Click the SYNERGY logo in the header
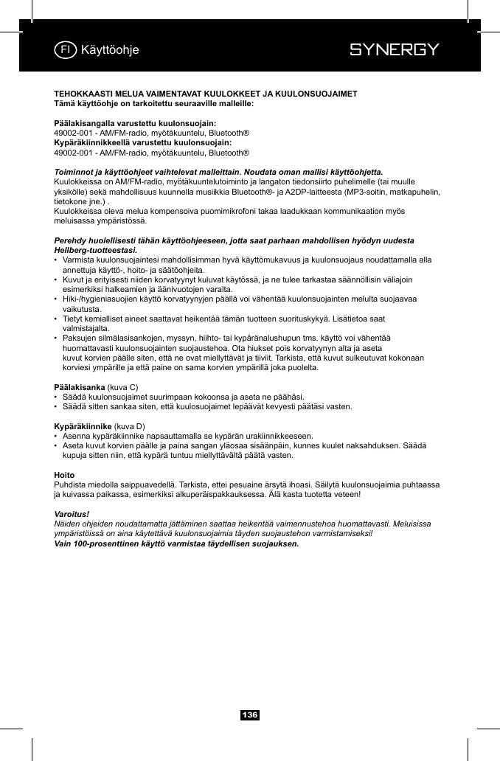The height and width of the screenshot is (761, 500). click(x=394, y=50)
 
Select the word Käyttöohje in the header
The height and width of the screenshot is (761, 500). click(x=110, y=50)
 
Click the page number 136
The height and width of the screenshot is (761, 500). click(x=250, y=715)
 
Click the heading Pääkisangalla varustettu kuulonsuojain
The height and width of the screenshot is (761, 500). click(x=135, y=122)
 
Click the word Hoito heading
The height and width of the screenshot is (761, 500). click(x=65, y=475)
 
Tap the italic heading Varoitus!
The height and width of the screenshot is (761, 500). click(x=72, y=512)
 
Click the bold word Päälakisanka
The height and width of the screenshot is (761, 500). click(x=80, y=387)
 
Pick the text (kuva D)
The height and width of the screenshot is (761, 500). click(x=130, y=426)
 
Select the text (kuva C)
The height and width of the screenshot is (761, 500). click(x=123, y=387)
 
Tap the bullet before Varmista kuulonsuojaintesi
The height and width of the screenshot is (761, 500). click(x=57, y=260)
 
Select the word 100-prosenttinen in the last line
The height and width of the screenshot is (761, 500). click(x=108, y=543)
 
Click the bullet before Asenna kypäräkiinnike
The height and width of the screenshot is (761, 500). click(x=57, y=436)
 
